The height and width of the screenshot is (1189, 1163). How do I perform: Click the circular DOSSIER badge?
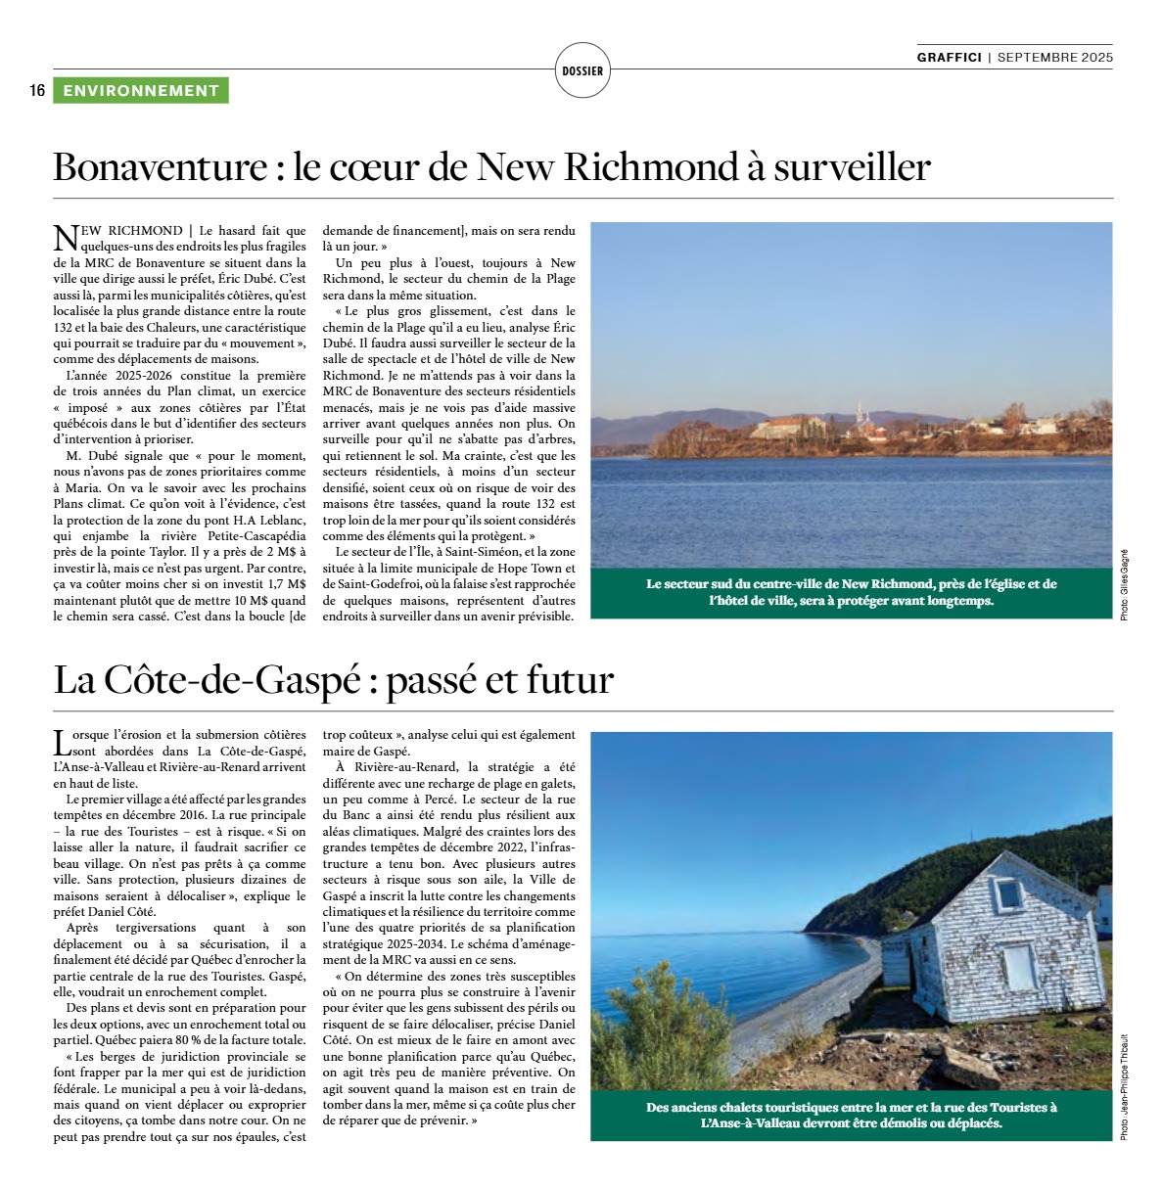tap(582, 70)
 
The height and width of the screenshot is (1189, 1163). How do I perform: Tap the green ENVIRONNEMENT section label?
tap(141, 91)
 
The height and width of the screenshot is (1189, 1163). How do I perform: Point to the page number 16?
tap(37, 91)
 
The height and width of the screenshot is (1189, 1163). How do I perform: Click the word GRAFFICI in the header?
tap(949, 57)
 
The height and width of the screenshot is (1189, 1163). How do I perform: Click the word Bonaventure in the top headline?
tap(160, 167)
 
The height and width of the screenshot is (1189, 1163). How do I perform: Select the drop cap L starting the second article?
tap(62, 741)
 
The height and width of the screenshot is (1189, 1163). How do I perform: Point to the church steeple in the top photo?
tap(861, 413)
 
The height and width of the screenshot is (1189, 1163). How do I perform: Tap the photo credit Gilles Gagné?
tap(1124, 584)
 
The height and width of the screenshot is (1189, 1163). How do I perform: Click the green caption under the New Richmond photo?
tap(851, 592)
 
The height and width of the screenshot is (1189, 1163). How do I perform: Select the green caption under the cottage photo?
tap(851, 1115)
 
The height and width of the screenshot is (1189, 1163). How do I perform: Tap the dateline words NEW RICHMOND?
tap(131, 231)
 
